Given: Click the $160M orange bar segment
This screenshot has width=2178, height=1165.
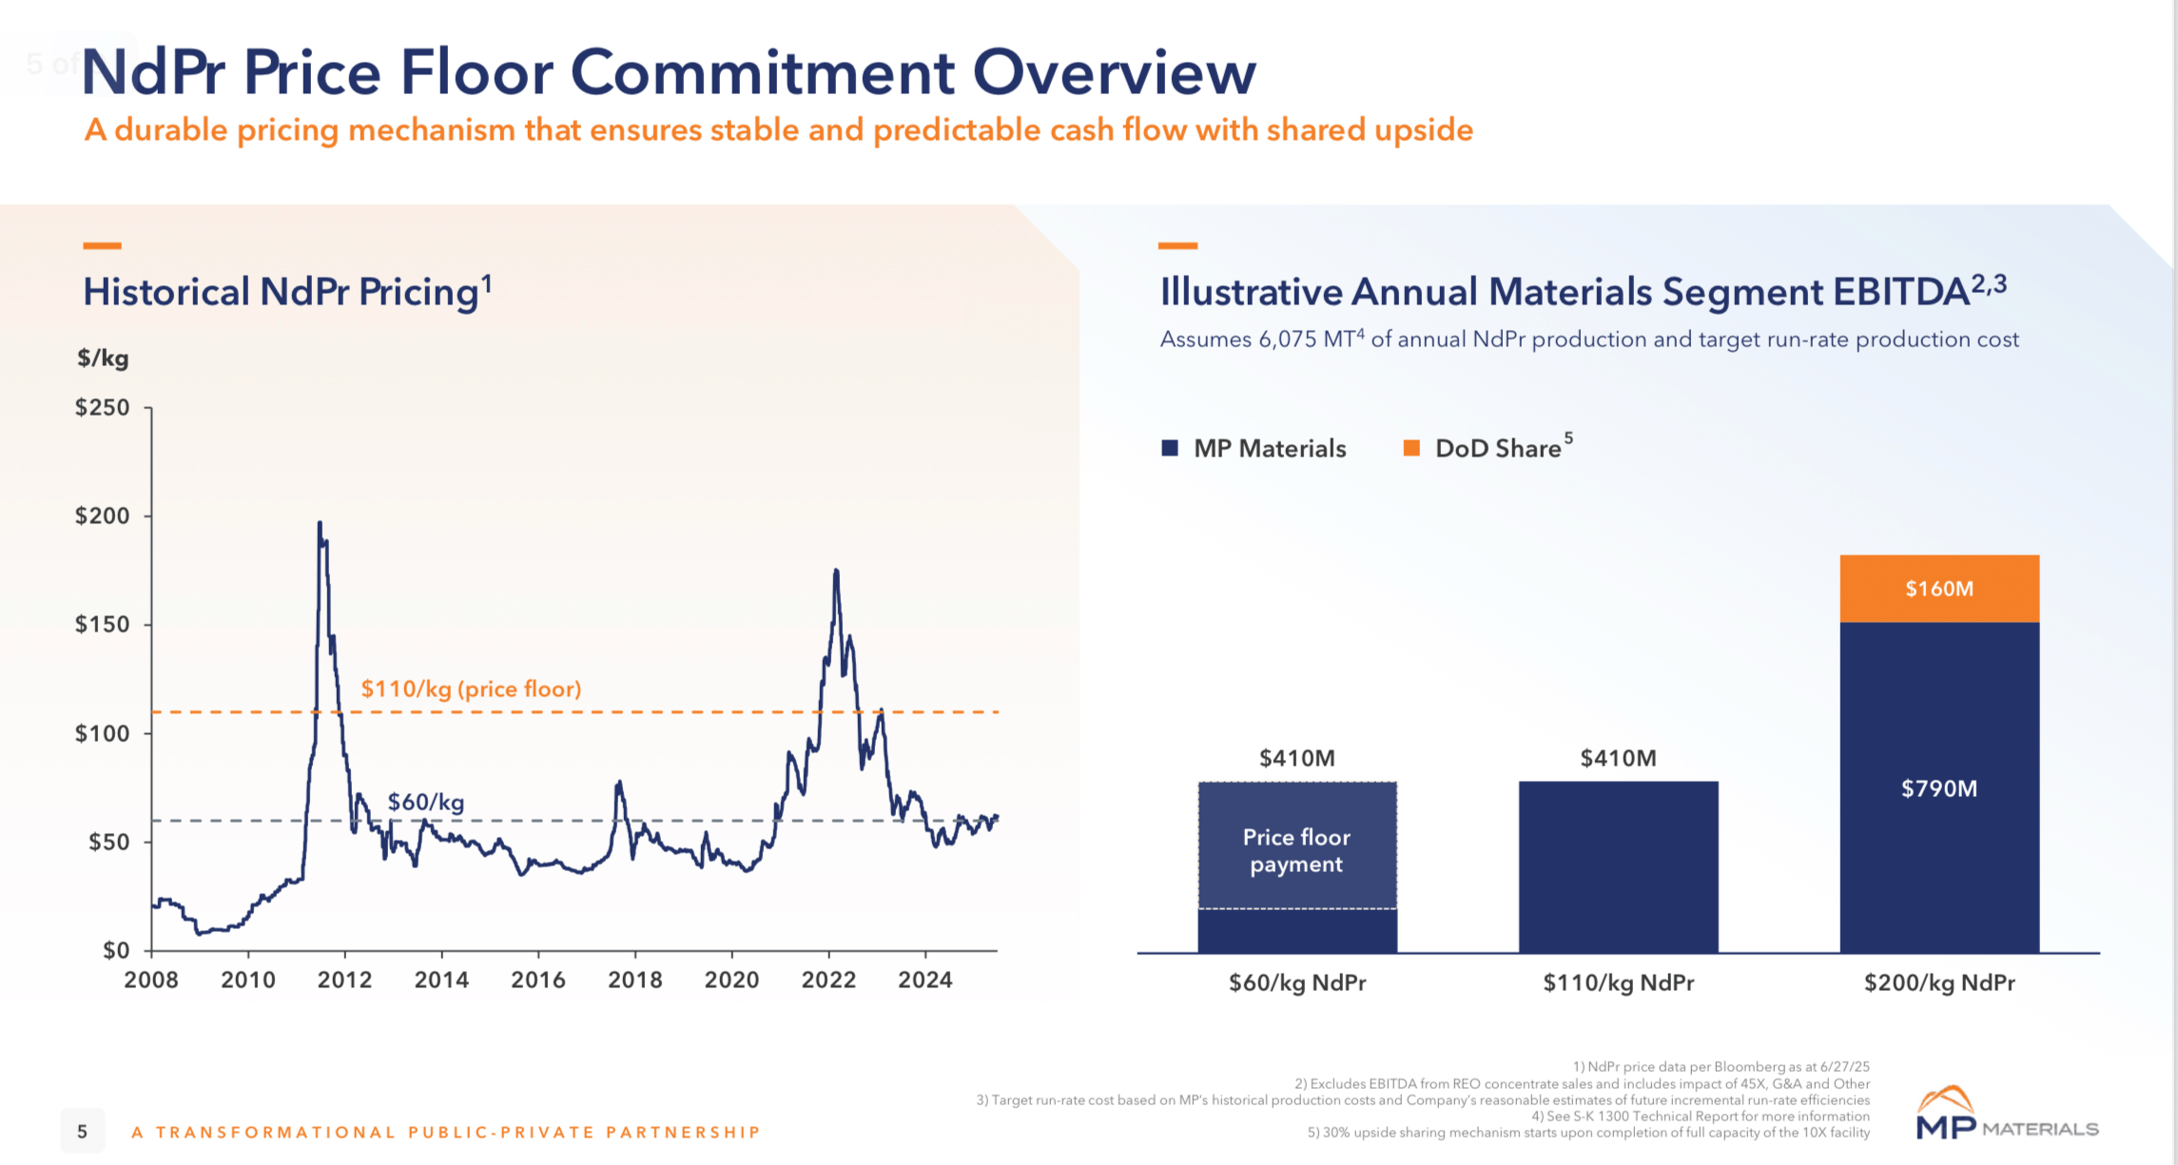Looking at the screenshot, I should point(1938,589).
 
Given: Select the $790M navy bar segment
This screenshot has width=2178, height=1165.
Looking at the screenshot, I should point(1938,787).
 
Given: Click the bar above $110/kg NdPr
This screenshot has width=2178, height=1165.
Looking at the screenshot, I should point(1618,865).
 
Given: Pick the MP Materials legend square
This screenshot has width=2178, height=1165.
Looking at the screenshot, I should point(1170,448).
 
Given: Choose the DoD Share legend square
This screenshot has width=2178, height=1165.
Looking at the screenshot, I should point(1411,448).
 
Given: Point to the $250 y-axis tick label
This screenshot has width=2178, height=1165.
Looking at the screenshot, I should point(103,408).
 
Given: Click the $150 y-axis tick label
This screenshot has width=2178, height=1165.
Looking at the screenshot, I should point(103,625).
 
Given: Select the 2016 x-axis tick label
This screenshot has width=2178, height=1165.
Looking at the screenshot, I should point(538,981).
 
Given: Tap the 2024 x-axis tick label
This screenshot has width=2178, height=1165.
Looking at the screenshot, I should point(924,981).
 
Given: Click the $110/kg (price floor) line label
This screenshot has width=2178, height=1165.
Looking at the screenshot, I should point(471,689).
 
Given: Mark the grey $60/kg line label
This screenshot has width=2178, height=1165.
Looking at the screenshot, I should point(426,802).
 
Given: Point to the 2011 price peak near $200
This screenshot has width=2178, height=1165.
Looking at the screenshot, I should point(320,524).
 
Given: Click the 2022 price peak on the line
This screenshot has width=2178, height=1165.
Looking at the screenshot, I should point(836,572).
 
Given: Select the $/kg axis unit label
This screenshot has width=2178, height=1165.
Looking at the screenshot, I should point(103,359).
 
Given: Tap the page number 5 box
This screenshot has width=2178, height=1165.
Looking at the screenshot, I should point(83,1131).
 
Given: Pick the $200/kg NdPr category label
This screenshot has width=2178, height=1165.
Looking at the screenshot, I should point(1938,982).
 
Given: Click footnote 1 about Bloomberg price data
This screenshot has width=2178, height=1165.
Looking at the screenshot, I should point(1721,1067).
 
